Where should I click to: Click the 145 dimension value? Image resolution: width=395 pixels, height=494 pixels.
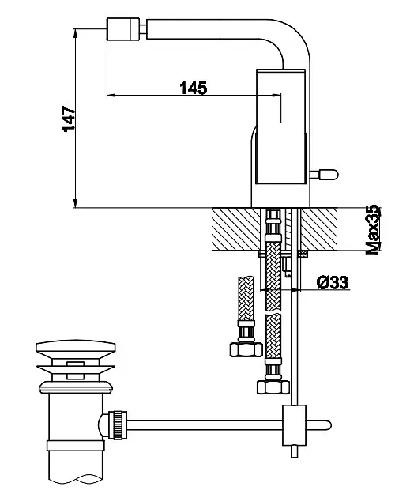[x=194, y=88]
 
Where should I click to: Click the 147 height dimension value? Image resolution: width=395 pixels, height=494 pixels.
[x=69, y=119]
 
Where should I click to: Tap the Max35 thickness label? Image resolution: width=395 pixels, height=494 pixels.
[x=373, y=229]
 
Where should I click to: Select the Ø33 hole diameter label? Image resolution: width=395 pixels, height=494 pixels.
[x=333, y=282]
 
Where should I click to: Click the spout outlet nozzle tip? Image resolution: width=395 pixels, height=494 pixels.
[x=123, y=29]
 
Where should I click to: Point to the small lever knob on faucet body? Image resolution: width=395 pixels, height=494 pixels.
[x=325, y=174]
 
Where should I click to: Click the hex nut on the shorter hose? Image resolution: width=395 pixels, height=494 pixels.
[x=246, y=349]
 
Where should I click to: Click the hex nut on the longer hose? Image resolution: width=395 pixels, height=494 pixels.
[x=273, y=387]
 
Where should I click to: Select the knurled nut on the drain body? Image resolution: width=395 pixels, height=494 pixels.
[x=118, y=424]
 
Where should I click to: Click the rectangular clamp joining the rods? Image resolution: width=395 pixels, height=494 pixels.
[x=294, y=425]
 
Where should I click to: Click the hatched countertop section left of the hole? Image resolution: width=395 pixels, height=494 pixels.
[x=236, y=229]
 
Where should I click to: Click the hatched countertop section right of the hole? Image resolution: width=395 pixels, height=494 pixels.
[x=319, y=229]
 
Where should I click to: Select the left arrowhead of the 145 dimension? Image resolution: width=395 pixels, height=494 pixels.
[x=111, y=95]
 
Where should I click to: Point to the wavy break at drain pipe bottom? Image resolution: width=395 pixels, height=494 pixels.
[x=76, y=480]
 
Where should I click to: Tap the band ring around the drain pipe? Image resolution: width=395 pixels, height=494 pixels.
[x=76, y=446]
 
